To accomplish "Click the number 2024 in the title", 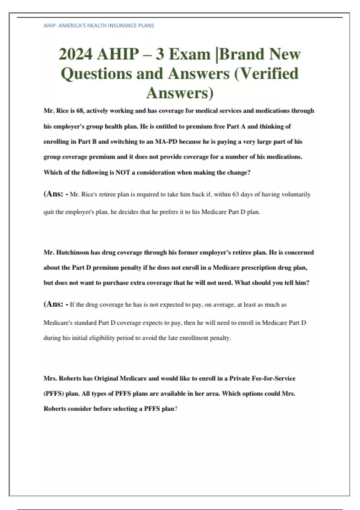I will pos(75,54).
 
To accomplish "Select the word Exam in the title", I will pos(190,54).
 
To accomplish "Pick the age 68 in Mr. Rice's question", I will pos(80,111).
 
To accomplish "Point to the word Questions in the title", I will pos(96,74).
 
